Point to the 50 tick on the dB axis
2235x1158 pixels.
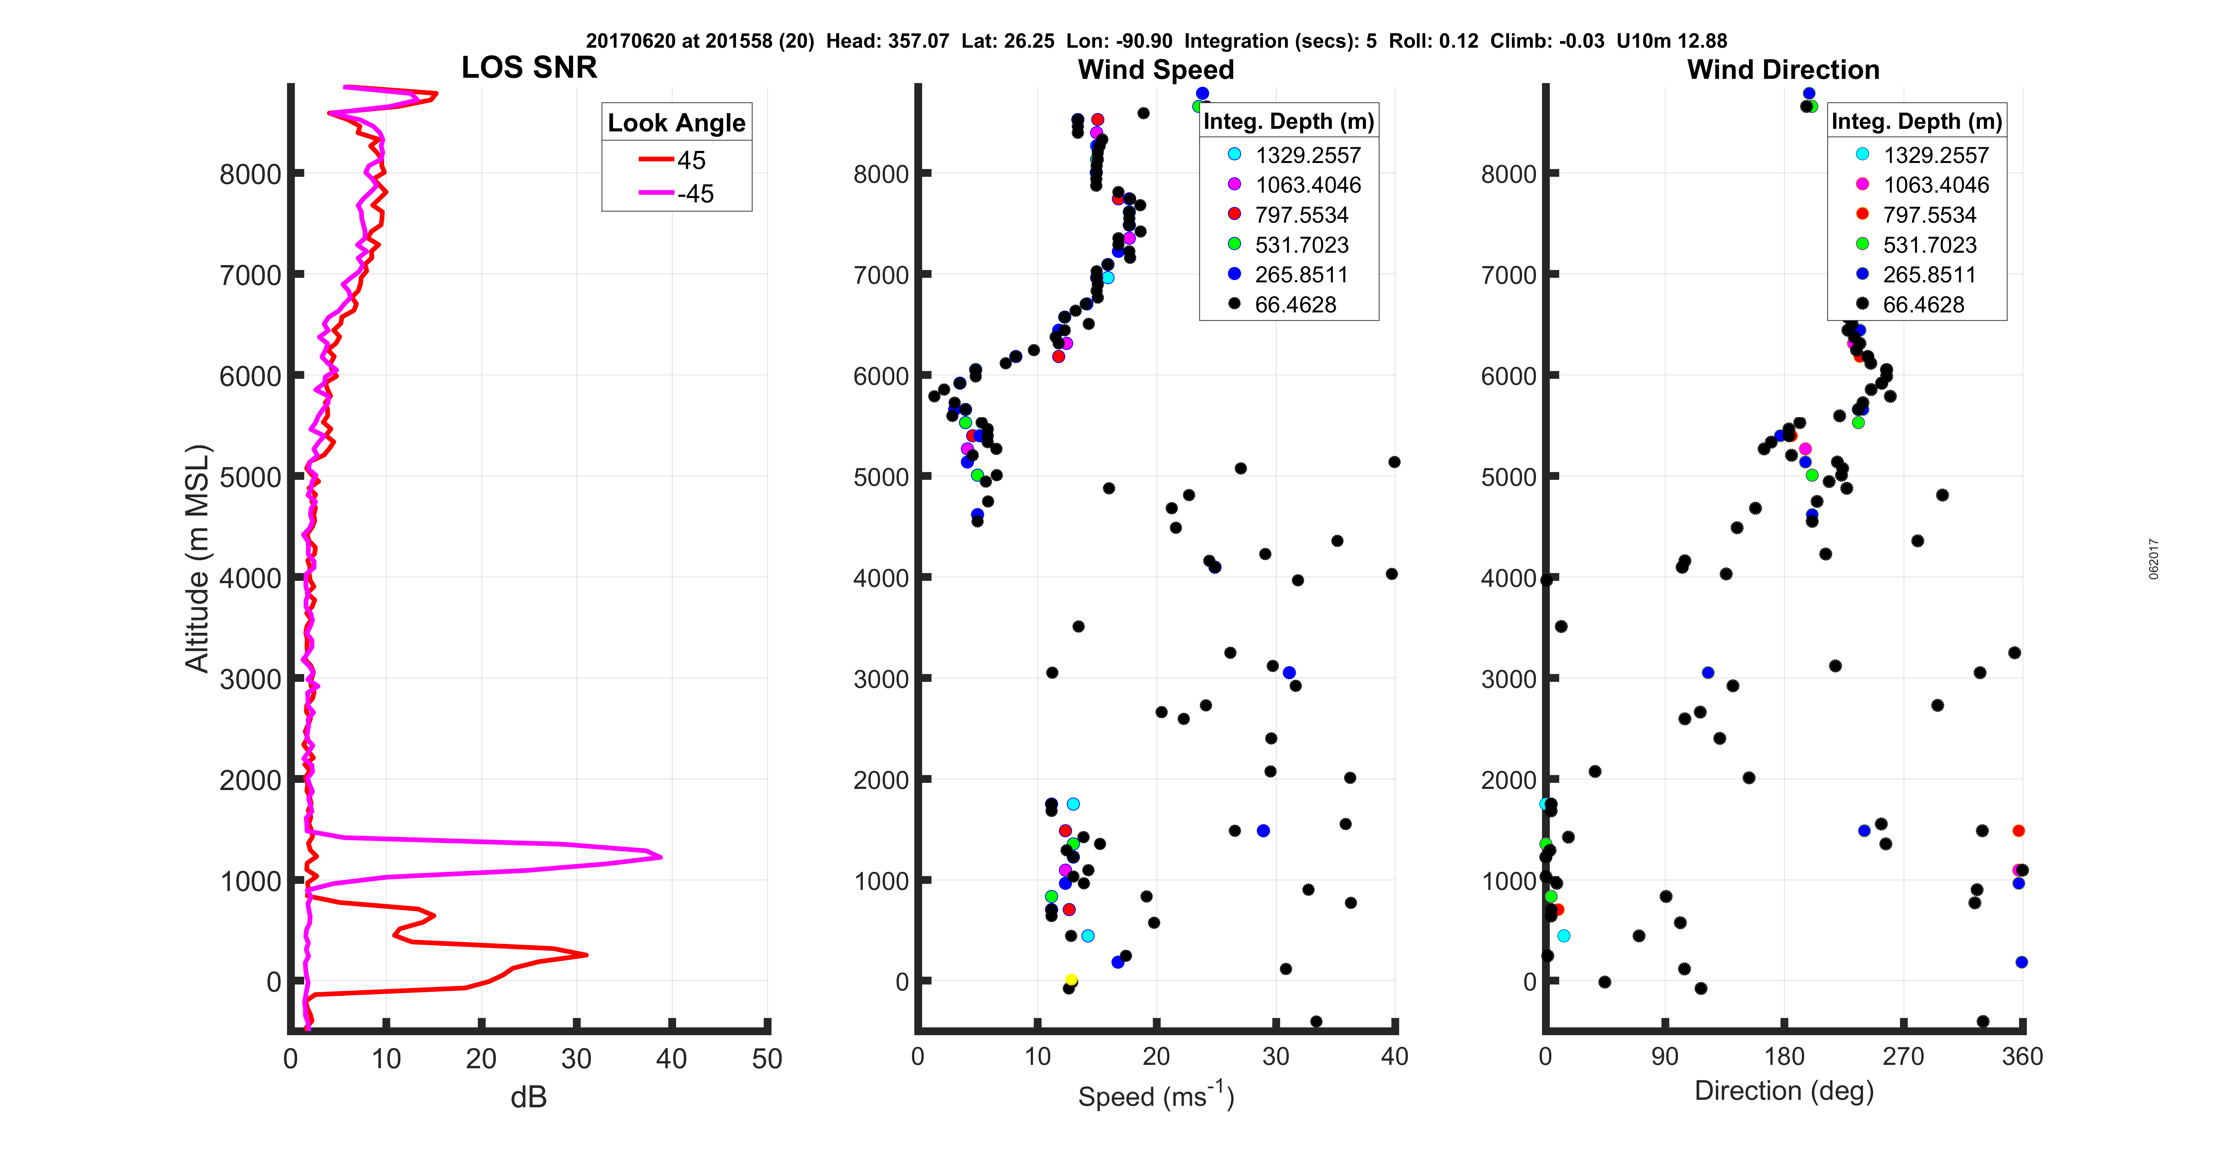767,1058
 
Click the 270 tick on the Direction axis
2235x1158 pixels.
1903,1057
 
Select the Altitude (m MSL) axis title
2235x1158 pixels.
198,558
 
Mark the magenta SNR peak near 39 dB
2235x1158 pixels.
661,857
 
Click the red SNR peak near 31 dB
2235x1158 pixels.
586,955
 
